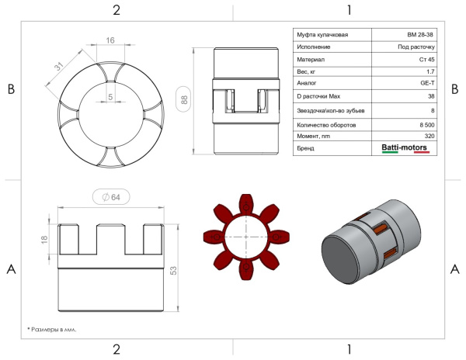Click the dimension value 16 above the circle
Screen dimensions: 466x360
point(110,40)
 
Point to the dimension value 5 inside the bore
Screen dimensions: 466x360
point(110,97)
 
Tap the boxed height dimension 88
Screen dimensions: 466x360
point(183,99)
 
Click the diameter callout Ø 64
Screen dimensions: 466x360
point(111,197)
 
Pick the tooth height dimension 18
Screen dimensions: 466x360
point(44,239)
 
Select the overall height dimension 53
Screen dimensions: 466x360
point(173,270)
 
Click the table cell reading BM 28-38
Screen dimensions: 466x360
point(420,35)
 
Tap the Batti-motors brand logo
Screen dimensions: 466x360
point(405,147)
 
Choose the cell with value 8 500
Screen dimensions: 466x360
point(426,125)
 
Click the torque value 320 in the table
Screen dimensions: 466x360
point(429,136)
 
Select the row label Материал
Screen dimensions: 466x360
point(311,60)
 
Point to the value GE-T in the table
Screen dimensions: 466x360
point(427,83)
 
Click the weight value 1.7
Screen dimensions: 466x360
point(430,71)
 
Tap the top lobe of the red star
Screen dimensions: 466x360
point(246,203)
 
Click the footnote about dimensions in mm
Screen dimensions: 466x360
point(52,330)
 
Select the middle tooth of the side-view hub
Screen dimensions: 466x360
point(111,239)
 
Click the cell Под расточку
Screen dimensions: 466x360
point(416,47)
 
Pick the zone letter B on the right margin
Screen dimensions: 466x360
point(454,89)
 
